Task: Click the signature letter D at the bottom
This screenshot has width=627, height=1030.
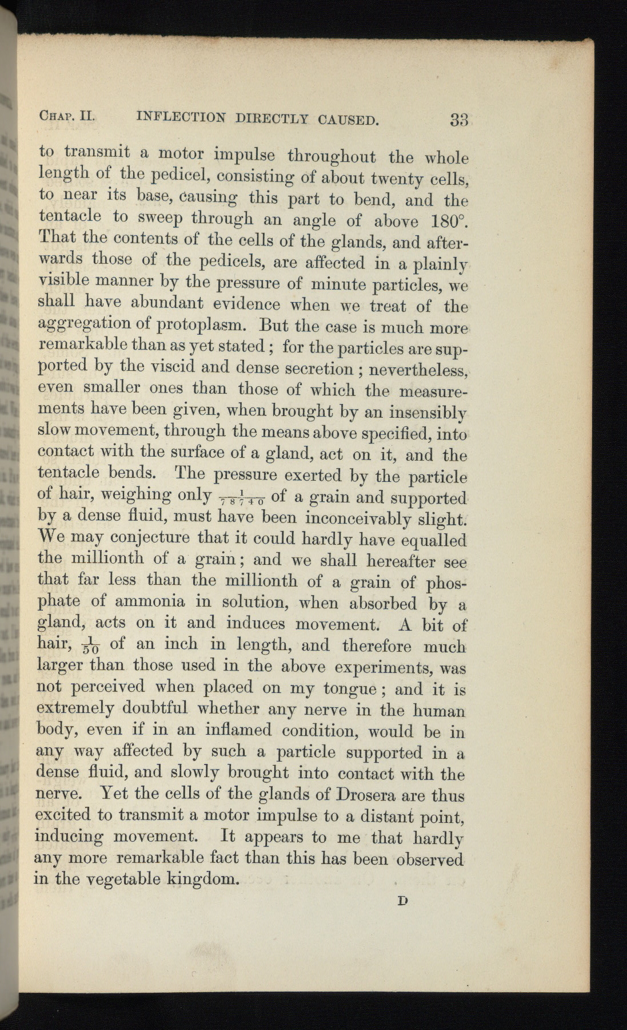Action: pyautogui.click(x=402, y=901)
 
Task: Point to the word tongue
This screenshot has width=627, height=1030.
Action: pyautogui.click(x=350, y=688)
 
